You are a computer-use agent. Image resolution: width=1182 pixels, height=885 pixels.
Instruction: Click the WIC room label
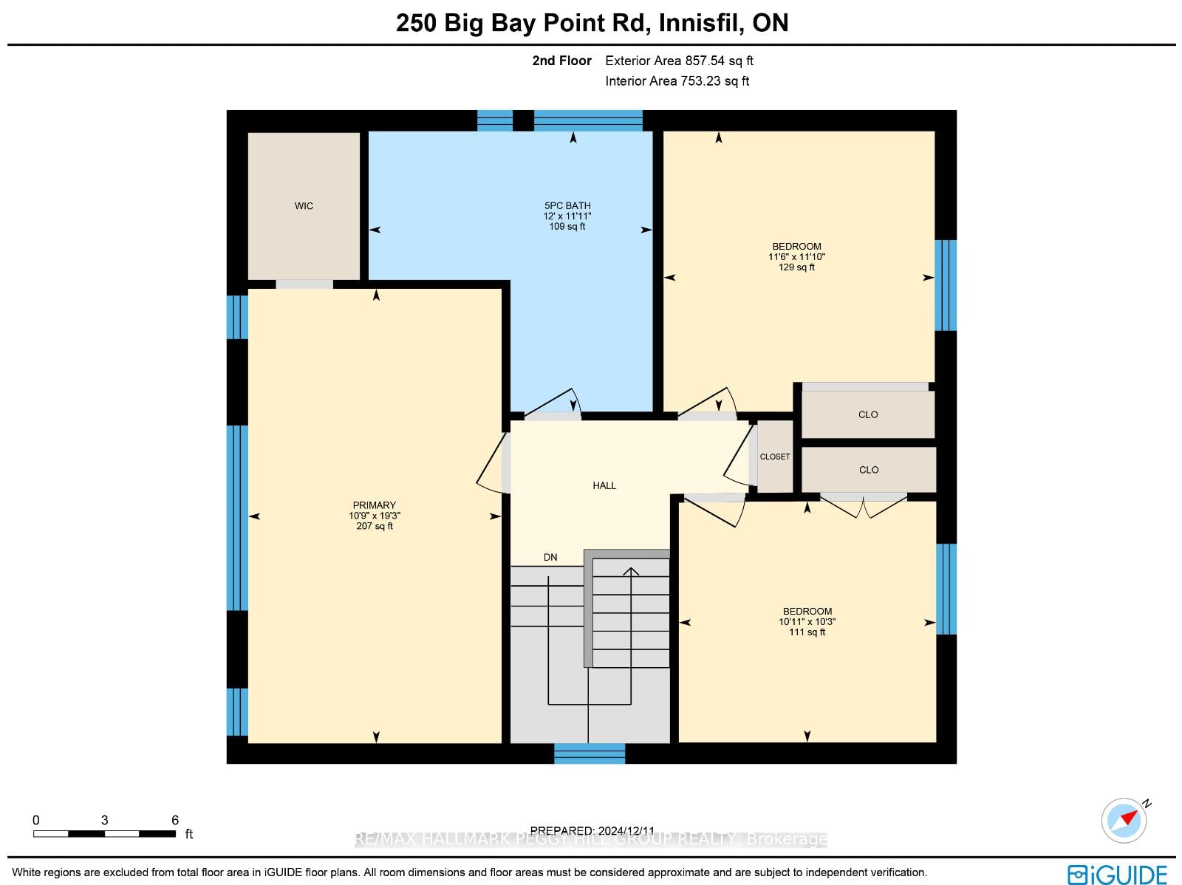pos(304,206)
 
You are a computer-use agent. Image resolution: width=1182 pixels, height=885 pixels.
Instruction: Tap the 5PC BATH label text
pos(567,205)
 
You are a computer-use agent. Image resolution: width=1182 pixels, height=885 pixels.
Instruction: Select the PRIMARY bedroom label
pos(375,505)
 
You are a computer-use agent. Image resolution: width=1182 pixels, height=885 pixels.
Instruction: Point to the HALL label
pos(604,485)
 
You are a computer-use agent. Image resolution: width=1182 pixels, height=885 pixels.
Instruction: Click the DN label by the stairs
pos(550,557)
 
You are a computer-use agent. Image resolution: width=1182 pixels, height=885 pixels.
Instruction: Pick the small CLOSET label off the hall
pos(775,457)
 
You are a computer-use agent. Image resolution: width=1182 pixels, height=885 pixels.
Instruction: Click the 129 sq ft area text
pos(796,267)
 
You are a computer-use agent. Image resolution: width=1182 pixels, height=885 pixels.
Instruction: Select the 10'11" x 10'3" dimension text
pos(807,621)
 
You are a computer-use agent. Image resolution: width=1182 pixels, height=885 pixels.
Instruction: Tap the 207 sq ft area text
pos(375,526)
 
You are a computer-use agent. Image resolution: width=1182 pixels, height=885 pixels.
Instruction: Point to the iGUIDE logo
pos(1118,874)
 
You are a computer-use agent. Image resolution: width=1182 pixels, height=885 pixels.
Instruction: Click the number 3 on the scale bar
pos(104,820)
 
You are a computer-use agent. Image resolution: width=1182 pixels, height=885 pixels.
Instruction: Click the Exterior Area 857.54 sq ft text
pos(679,61)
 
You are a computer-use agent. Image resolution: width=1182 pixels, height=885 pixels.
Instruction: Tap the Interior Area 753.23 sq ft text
pos(677,81)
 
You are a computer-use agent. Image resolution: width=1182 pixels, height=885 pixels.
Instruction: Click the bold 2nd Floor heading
pos(561,61)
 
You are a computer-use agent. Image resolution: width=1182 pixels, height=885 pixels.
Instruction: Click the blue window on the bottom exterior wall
pos(589,753)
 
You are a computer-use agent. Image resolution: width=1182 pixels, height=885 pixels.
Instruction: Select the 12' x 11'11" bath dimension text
pos(567,216)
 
